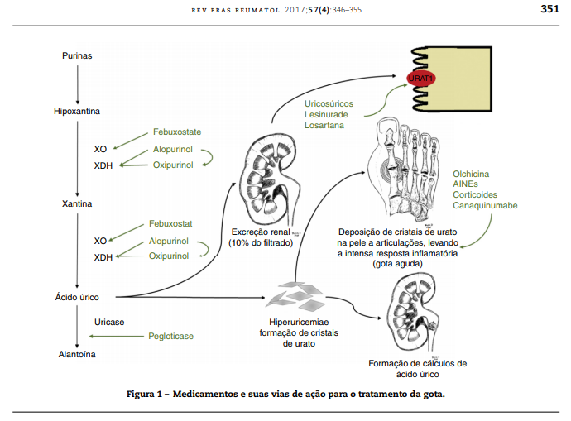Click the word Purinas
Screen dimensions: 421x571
(x=76, y=55)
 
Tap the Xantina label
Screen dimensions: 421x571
(x=76, y=203)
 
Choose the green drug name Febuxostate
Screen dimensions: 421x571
(x=177, y=132)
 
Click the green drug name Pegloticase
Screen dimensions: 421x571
(x=170, y=336)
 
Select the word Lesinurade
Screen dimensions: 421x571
(x=329, y=114)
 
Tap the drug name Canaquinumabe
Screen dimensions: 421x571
(x=487, y=204)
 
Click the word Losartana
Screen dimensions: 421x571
(x=324, y=125)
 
